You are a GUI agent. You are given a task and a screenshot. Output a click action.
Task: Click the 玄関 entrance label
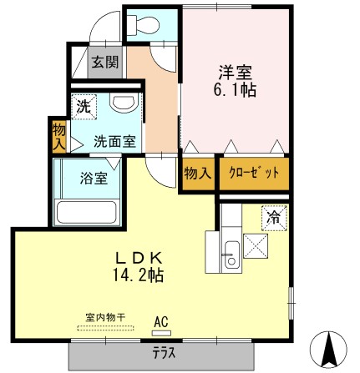click(x=104, y=62)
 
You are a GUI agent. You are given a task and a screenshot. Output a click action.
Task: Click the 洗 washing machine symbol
click(x=84, y=106)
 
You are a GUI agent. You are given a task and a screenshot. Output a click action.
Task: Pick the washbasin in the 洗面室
click(x=123, y=104)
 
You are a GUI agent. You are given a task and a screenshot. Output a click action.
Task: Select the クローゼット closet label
click(x=253, y=174)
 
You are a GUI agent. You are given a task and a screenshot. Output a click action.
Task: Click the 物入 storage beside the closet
click(x=196, y=174)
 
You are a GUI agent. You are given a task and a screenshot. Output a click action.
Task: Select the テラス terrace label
click(x=163, y=352)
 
